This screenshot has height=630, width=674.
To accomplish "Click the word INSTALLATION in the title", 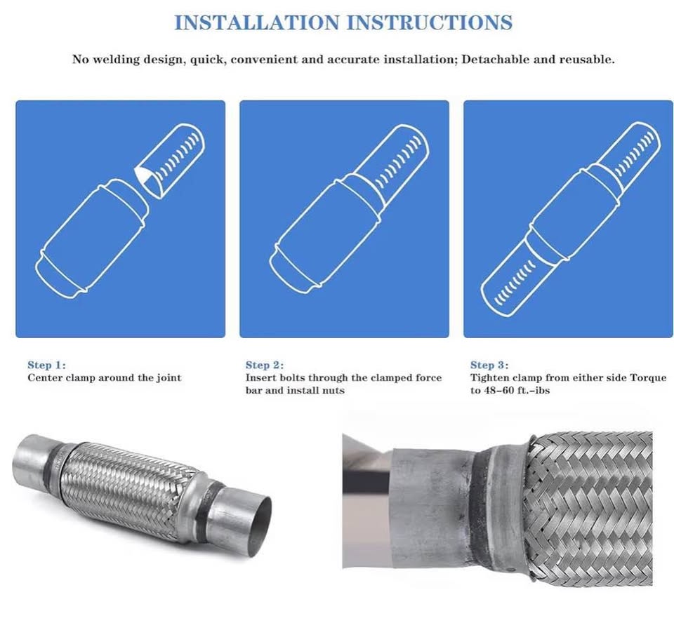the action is pos(257,22).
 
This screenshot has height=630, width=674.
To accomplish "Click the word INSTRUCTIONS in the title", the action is pos(430,22).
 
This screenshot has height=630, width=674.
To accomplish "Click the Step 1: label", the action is pos(47,365).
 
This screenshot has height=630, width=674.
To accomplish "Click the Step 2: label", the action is pos(265,365).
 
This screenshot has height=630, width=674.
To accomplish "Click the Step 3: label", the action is pos(489,365).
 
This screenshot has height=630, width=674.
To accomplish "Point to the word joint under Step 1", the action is pos(168,378).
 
